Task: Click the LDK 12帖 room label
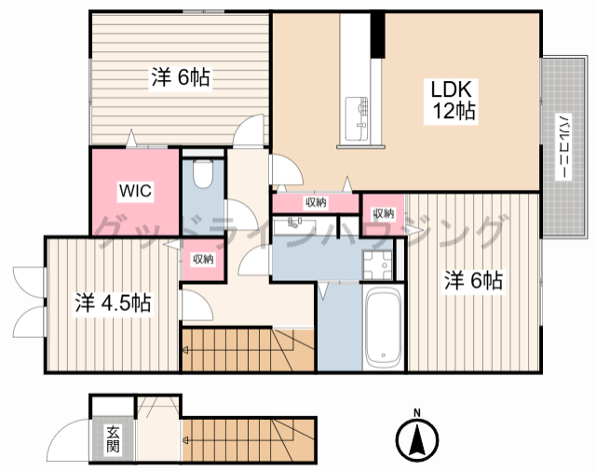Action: pyautogui.click(x=451, y=101)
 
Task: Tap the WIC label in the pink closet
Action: pyautogui.click(x=135, y=191)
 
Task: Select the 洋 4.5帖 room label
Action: pyautogui.click(x=114, y=303)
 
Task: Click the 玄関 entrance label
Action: pyautogui.click(x=113, y=439)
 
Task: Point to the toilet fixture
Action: pyautogui.click(x=203, y=173)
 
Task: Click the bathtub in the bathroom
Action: pyautogui.click(x=383, y=327)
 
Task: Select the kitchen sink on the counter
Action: pyautogui.click(x=357, y=118)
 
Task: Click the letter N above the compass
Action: pyautogui.click(x=417, y=413)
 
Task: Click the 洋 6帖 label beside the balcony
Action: pyautogui.click(x=473, y=280)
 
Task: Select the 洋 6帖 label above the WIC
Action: pyautogui.click(x=181, y=77)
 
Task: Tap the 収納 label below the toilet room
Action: pyautogui.click(x=203, y=260)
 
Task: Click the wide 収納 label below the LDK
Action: pyautogui.click(x=316, y=202)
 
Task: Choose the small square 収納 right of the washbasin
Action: pyautogui.click(x=383, y=214)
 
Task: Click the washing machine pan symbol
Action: pyautogui.click(x=376, y=265)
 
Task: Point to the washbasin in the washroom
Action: pyautogui.click(x=295, y=226)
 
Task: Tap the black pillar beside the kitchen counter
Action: pyautogui.click(x=378, y=35)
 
